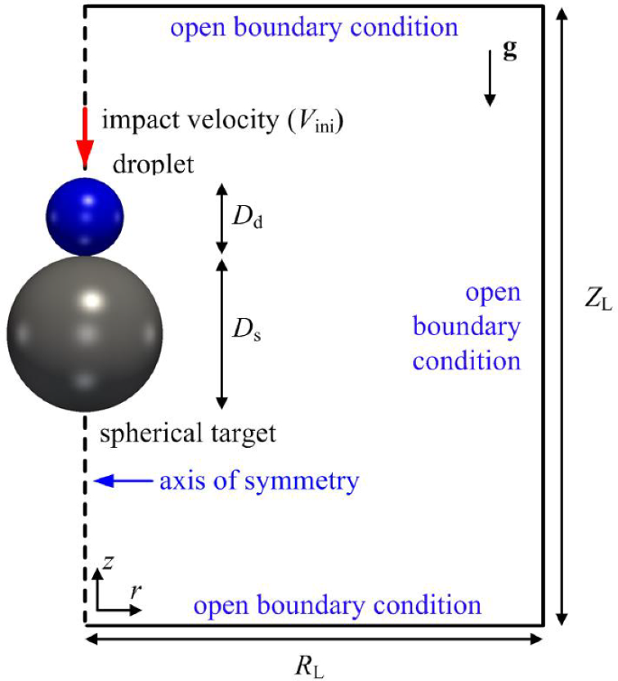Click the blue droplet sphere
(85, 215)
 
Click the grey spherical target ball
(85, 333)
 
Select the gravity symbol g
(510, 51)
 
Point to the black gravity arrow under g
(490, 79)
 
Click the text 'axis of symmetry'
(259, 480)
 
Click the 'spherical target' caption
(188, 434)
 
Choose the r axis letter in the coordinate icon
(134, 591)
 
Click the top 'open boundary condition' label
(314, 27)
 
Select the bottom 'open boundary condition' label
(337, 604)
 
